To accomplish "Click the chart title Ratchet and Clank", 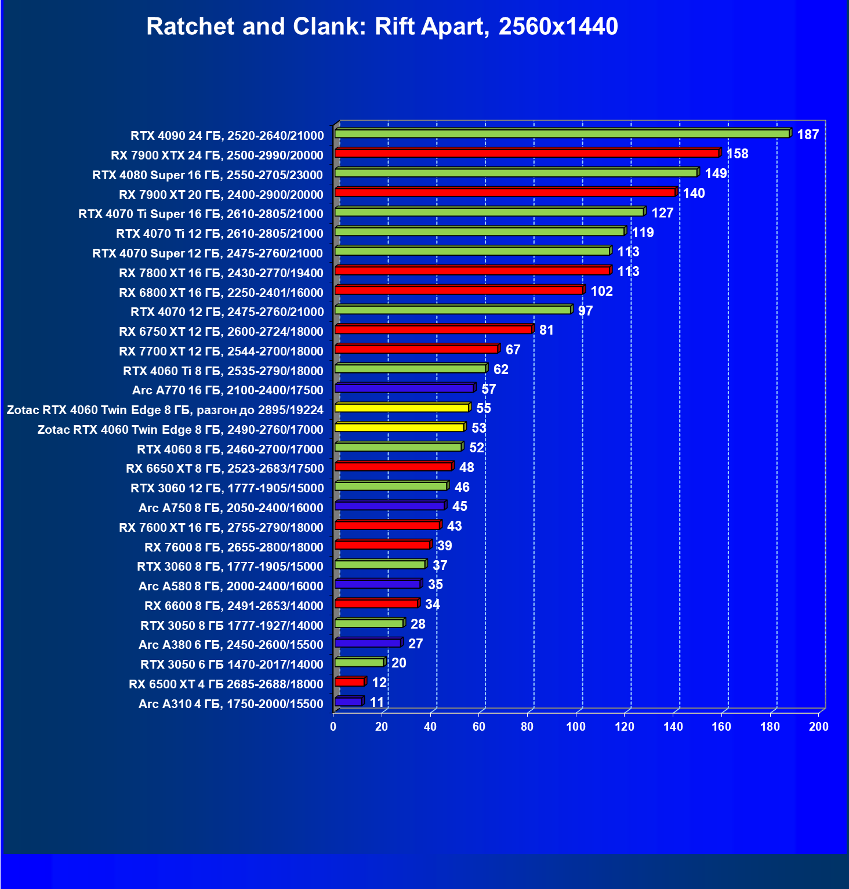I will click(382, 27).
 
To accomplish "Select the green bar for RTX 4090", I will click(561, 134).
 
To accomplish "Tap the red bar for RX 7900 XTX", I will click(527, 153).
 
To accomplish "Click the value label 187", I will click(808, 135).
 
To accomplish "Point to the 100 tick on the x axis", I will click(576, 727).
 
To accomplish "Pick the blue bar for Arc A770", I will click(404, 388).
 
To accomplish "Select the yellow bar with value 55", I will click(401, 408).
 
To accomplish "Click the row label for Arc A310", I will click(231, 704).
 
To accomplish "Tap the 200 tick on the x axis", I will click(819, 727).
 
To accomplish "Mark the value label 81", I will click(546, 330).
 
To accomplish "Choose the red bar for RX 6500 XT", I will click(349, 682).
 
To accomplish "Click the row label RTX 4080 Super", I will click(208, 175).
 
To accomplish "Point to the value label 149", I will click(716, 173).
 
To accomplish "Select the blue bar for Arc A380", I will click(368, 643).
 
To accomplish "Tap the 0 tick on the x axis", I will click(333, 727).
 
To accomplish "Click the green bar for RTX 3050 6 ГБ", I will click(359, 662).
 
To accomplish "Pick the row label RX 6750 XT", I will click(221, 332).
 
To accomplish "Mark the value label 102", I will click(601, 291).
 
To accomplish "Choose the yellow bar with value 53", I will click(400, 427).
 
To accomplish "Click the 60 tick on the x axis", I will click(479, 727).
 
